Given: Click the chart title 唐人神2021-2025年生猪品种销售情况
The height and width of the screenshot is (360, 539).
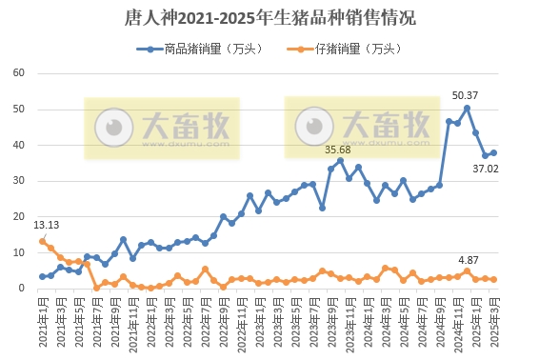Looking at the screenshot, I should point(269,18).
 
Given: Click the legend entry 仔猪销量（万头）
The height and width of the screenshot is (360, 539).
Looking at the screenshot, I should point(356,48).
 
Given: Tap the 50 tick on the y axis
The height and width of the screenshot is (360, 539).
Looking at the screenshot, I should point(18,110).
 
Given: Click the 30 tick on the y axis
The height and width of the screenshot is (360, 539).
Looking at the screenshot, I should point(18,181).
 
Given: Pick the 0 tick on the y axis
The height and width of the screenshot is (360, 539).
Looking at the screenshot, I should point(21,289).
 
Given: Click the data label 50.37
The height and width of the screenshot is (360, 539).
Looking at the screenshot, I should point(465,95).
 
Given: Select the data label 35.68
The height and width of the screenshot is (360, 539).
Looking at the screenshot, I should point(338,150).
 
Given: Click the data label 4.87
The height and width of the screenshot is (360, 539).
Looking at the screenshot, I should point(468,259).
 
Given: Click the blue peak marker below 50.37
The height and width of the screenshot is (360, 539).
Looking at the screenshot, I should point(467,108).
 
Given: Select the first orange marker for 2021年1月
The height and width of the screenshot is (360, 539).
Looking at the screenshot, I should point(42,241).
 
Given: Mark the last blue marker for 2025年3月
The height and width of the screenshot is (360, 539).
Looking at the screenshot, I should point(493,153).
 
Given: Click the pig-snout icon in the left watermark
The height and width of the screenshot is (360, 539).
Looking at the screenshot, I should point(118,126).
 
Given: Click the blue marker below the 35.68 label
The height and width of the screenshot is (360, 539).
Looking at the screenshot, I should point(340,161).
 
